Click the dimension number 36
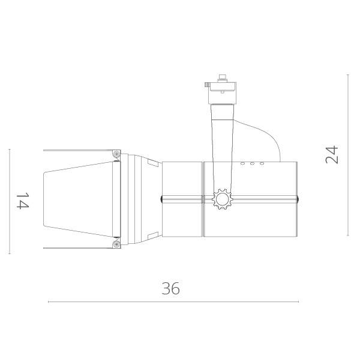click(x=171, y=288)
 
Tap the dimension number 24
click(x=332, y=154)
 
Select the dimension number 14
click(x=22, y=201)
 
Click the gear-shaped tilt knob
click(x=222, y=198)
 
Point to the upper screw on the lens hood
click(x=116, y=154)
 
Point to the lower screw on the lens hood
click(x=116, y=244)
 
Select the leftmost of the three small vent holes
click(x=243, y=163)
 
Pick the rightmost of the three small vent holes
click(x=262, y=163)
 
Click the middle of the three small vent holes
click(x=253, y=163)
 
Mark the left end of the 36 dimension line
click(x=49, y=302)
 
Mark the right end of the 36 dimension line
click(x=298, y=302)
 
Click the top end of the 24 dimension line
click(x=348, y=74)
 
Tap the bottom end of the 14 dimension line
click(x=10, y=253)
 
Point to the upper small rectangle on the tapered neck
click(x=152, y=162)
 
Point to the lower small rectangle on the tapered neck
click(x=152, y=235)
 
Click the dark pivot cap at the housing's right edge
click(x=297, y=199)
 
